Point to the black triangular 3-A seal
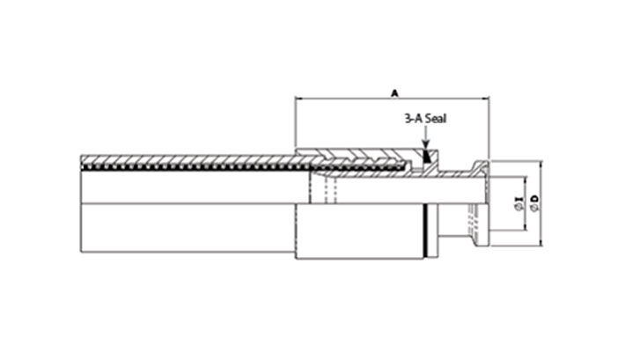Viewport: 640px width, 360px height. click(x=425, y=158)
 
